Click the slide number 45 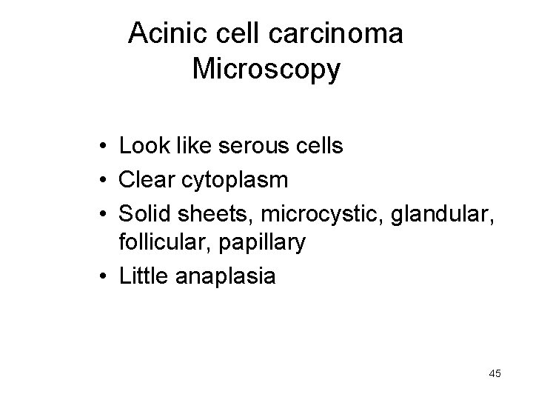tap(495, 374)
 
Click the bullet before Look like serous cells tap(99, 147)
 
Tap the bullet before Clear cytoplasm tap(99, 179)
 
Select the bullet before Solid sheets tap(99, 212)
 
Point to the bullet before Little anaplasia tap(99, 277)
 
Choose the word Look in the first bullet tap(144, 146)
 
